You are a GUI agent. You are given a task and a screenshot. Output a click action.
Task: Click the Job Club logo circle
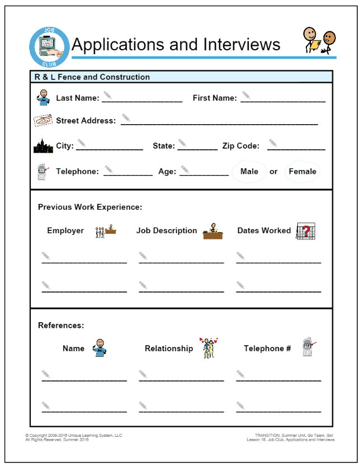click(x=49, y=47)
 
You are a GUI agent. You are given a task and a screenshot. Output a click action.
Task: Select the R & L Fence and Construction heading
click(x=92, y=77)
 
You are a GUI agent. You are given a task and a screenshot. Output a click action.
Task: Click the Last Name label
click(x=78, y=98)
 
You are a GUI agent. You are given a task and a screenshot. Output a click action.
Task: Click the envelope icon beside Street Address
click(x=43, y=120)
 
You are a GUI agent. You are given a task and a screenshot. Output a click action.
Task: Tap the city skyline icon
click(x=43, y=147)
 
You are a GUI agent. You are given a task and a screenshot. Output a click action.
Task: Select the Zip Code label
click(x=241, y=146)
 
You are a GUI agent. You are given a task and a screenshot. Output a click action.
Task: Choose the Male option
click(x=249, y=171)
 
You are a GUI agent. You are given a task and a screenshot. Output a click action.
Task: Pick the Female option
click(x=302, y=171)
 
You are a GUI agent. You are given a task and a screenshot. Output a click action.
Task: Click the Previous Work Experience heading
click(x=90, y=207)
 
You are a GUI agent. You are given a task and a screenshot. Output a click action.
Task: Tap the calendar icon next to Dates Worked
click(x=306, y=231)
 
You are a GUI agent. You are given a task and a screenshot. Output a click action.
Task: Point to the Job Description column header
click(x=167, y=230)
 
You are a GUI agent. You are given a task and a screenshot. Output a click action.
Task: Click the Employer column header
click(x=65, y=230)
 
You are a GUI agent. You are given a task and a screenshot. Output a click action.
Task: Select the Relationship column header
click(x=169, y=348)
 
